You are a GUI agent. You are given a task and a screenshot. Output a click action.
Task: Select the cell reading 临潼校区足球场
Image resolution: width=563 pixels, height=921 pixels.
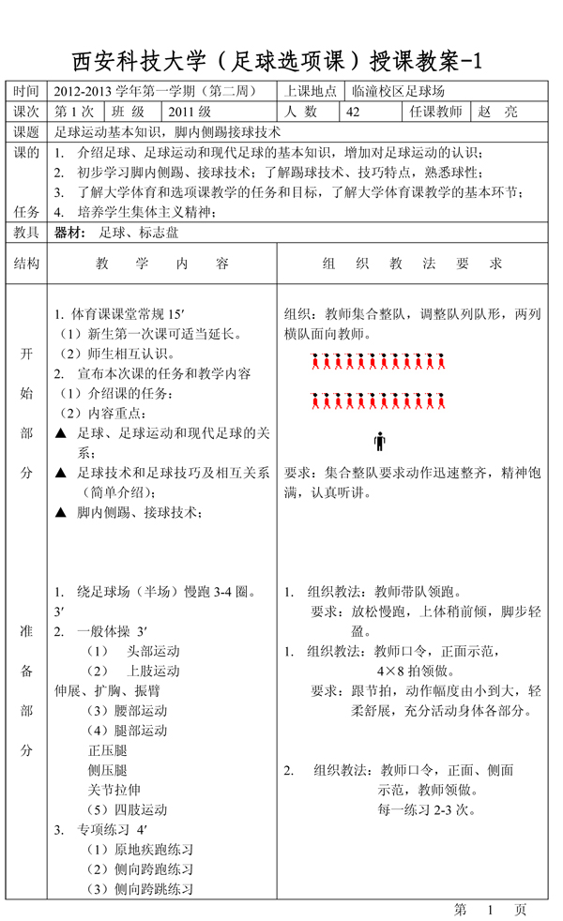coord(398,92)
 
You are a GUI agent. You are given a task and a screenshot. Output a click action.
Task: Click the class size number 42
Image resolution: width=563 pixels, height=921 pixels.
coord(353,112)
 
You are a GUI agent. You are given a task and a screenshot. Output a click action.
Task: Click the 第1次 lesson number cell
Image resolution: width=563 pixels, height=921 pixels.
coord(75,112)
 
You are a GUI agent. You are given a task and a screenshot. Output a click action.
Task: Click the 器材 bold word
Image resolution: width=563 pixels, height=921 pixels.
coord(70,232)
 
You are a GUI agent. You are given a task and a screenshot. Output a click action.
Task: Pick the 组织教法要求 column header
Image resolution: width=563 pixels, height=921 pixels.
coord(412,264)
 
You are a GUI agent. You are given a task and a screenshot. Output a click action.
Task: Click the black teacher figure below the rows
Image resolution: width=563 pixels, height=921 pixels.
coord(379,440)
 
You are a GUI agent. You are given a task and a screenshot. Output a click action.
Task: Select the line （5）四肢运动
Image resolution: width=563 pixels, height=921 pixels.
coord(127,809)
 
